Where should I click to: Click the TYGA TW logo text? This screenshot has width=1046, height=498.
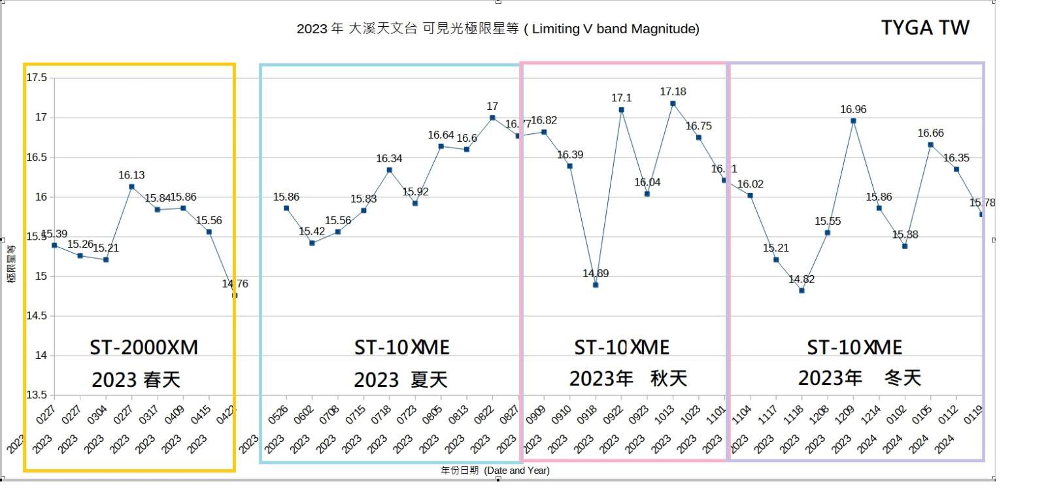pyautogui.click(x=924, y=27)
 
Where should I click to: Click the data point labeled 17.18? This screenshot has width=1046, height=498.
pyautogui.click(x=673, y=103)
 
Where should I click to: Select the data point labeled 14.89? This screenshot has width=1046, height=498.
pyautogui.click(x=596, y=285)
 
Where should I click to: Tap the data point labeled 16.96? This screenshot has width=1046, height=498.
pyautogui.click(x=853, y=121)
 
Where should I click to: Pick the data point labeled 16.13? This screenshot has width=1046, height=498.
pyautogui.click(x=131, y=187)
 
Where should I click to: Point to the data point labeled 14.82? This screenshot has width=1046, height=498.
pyautogui.click(x=801, y=290)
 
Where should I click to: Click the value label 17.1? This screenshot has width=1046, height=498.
pyautogui.click(x=621, y=98)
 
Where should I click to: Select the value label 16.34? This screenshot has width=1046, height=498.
pyautogui.click(x=389, y=159)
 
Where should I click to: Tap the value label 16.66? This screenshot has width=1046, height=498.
pyautogui.click(x=930, y=133)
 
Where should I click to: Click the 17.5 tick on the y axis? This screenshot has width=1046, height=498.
pyautogui.click(x=37, y=78)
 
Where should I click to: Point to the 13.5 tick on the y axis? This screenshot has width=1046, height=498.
pyautogui.click(x=37, y=395)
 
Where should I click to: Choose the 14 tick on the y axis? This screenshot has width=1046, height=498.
pyautogui.click(x=41, y=356)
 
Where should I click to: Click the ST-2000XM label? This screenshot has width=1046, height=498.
pyautogui.click(x=144, y=347)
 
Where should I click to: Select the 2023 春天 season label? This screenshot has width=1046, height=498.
pyautogui.click(x=136, y=380)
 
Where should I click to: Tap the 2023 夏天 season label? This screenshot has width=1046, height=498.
pyautogui.click(x=400, y=380)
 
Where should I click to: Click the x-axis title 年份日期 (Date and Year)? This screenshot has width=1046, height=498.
pyautogui.click(x=495, y=471)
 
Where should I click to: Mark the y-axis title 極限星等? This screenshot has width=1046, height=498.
pyautogui.click(x=11, y=264)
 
